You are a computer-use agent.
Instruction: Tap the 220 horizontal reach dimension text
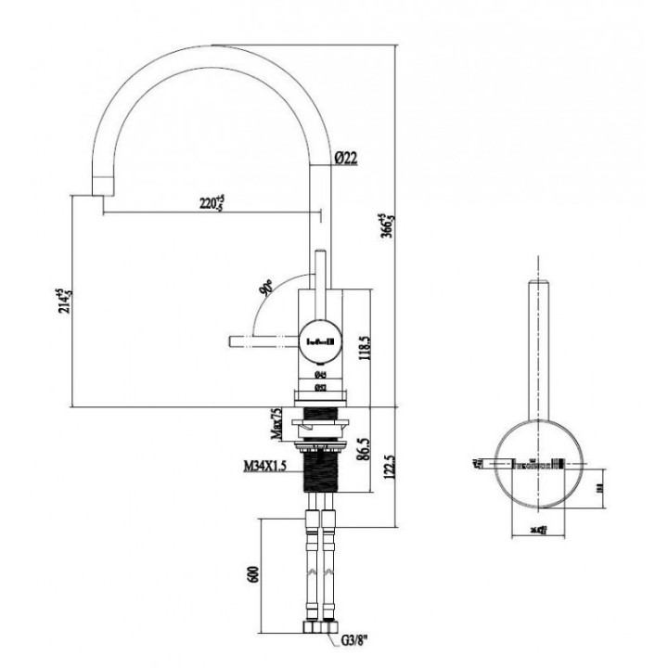[212, 201]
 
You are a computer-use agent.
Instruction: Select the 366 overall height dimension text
[385, 227]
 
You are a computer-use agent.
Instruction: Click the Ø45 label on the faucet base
[320, 377]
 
